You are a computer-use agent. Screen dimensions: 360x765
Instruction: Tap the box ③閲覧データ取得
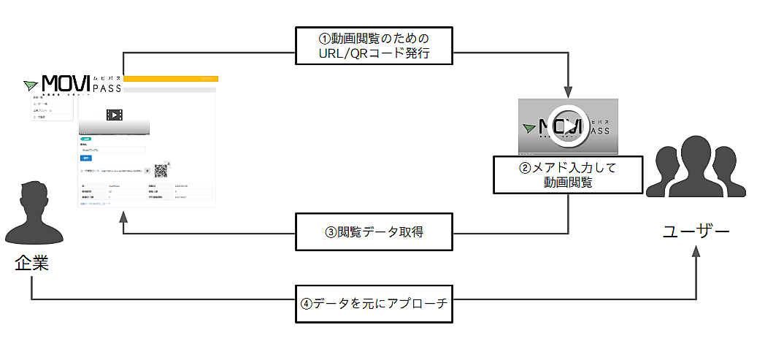coord(374,233)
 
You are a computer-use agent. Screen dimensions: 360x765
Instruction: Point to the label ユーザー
coord(696,232)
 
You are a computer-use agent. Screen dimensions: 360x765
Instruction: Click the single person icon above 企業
coord(31,212)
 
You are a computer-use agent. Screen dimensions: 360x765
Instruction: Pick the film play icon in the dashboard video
coord(114,115)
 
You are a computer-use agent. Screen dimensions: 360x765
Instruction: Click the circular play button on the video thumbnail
coord(567,125)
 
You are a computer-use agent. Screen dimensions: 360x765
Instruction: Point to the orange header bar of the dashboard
coord(171,78)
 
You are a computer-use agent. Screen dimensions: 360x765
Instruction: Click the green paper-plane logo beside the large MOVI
coord(31,84)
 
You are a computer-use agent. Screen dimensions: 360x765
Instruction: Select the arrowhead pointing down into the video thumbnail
coord(567,92)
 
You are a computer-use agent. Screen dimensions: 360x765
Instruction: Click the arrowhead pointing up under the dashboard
coord(123,217)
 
